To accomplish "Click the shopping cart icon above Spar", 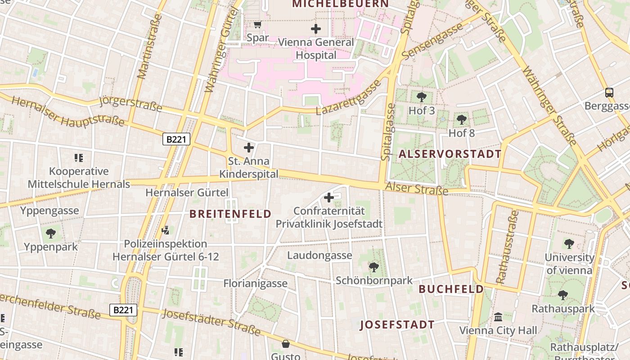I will click(257, 24).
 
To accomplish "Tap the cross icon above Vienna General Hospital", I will click(316, 29).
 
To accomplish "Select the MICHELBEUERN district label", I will click(340, 4).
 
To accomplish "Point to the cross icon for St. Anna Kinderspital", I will click(248, 147).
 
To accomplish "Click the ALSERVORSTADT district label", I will click(450, 154).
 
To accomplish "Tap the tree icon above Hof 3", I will click(422, 97).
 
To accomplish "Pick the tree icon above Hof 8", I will click(461, 120).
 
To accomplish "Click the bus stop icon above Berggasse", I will click(609, 93).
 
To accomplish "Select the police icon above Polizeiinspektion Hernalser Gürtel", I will click(165, 230).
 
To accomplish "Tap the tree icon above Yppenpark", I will click(51, 233).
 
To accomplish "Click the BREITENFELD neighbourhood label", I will click(230, 214).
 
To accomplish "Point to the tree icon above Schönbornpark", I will click(373, 267).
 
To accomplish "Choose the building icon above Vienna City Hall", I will click(498, 317).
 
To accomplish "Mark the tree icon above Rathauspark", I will click(563, 295).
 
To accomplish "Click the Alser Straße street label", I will click(417, 189).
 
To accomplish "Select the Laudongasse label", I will click(319, 256).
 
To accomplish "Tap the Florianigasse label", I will click(255, 283).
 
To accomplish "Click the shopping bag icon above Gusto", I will click(285, 344).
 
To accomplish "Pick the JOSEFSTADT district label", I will click(397, 324).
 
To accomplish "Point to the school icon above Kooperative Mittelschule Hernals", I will click(79, 158).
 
